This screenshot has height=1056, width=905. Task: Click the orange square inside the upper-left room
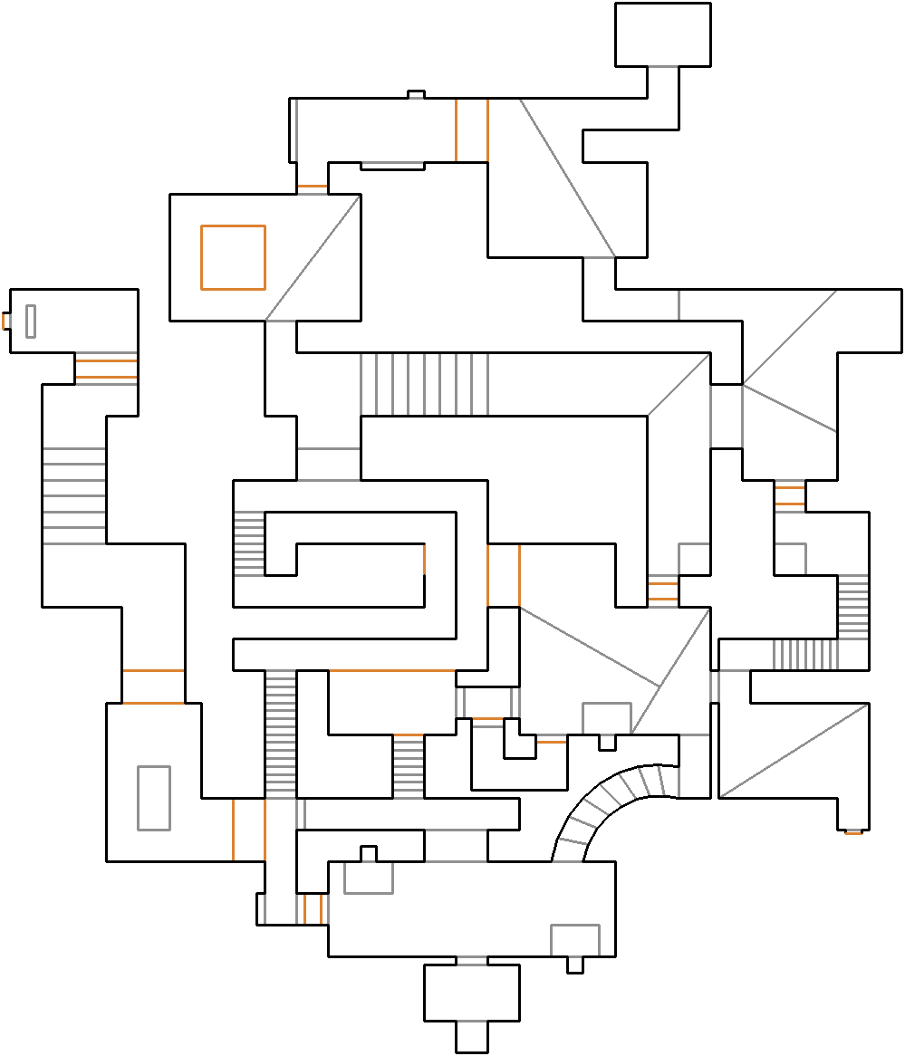tap(233, 257)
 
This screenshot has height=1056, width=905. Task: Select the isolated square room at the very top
tap(662, 34)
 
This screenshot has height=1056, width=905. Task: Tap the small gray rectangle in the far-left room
tap(31, 322)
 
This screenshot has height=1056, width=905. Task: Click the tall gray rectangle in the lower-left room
tap(154, 798)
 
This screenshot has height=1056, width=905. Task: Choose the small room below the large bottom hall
tap(472, 993)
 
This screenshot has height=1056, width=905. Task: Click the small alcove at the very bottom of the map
tap(472, 1036)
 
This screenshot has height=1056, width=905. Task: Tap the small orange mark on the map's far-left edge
tap(5, 321)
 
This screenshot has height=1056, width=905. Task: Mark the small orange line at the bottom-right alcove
tap(852, 832)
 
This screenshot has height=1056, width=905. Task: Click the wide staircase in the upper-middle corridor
tap(424, 384)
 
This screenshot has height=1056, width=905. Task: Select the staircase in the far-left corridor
tap(74, 495)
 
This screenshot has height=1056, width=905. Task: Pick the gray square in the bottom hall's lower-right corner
tap(575, 940)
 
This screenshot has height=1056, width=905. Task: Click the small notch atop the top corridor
tap(416, 94)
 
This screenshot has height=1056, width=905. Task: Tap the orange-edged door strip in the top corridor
tap(472, 130)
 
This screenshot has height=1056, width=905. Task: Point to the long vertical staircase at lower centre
tap(281, 734)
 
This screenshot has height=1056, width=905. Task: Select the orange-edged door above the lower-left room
tap(153, 686)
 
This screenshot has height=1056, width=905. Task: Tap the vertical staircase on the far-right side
tap(852, 607)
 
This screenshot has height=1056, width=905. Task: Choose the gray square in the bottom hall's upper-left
tap(369, 878)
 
